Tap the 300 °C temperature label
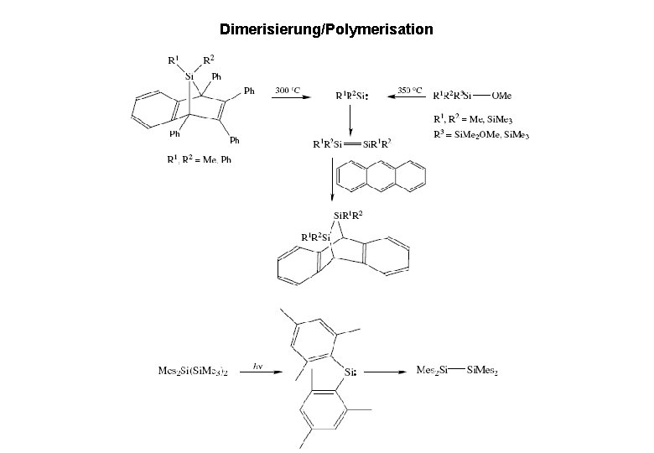click(x=288, y=89)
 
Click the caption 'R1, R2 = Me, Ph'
click(x=198, y=160)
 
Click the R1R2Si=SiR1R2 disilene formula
click(x=351, y=143)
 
